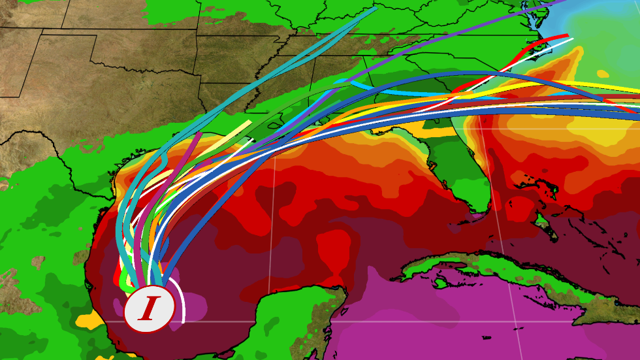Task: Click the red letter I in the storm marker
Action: point(149,308)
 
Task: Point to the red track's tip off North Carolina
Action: point(567,35)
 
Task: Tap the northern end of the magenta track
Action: point(199,133)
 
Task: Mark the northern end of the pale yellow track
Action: point(249,122)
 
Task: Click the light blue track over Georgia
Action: point(392,91)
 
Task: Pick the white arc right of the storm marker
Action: point(184,307)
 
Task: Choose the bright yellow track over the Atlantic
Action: point(588,85)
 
